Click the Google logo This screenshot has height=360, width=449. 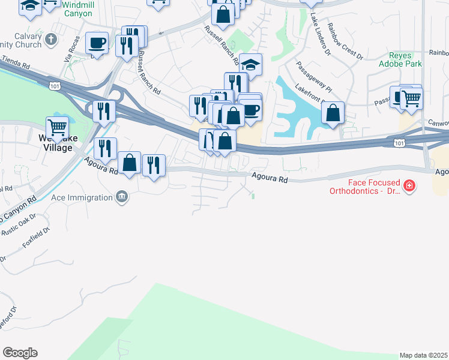(20, 353)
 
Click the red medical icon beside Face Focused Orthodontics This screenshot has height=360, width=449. (410, 187)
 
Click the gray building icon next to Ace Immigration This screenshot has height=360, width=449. (122, 197)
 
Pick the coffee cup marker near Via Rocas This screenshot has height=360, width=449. (97, 43)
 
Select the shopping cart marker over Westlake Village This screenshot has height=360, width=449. (57, 127)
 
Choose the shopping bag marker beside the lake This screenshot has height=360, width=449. (333, 113)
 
